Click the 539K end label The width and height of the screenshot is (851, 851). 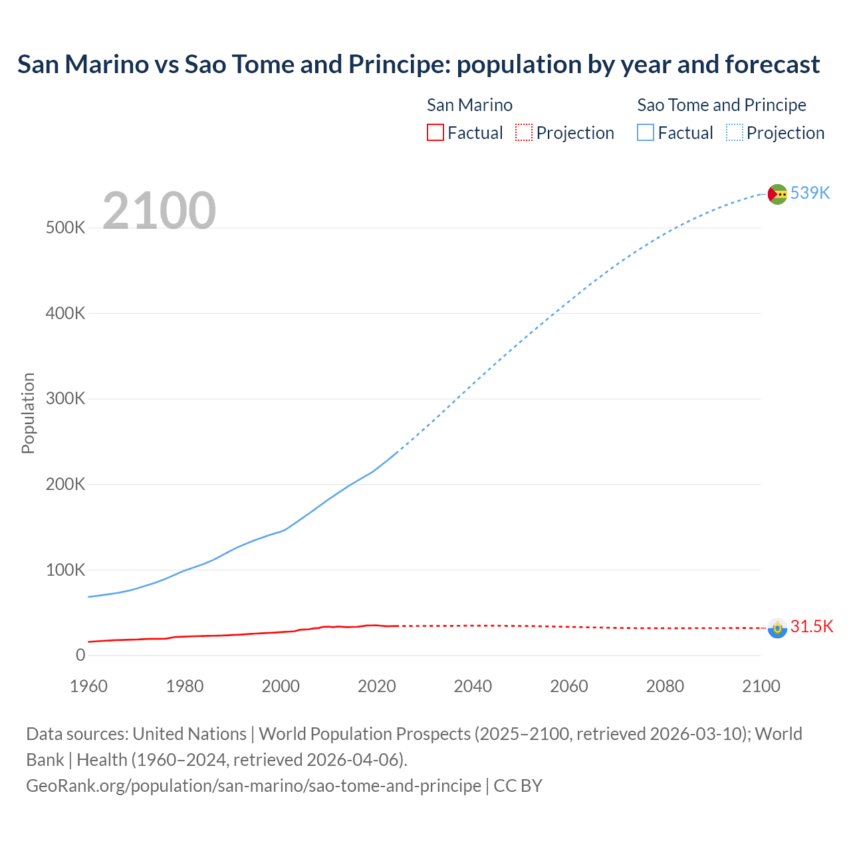pyautogui.click(x=810, y=193)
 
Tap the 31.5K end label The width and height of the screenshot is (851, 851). pyautogui.click(x=811, y=626)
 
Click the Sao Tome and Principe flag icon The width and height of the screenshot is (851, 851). pyautogui.click(x=777, y=194)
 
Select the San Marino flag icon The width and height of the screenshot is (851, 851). pyautogui.click(x=777, y=628)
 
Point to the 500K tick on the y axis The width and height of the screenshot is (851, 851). pyautogui.click(x=66, y=228)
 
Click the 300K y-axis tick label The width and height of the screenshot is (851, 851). pyautogui.click(x=66, y=399)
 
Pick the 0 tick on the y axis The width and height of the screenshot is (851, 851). pyautogui.click(x=80, y=656)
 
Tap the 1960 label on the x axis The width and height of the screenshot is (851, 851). pyautogui.click(x=88, y=686)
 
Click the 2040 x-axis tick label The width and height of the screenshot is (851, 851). pyautogui.click(x=473, y=686)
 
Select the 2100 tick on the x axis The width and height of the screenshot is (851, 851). pyautogui.click(x=761, y=686)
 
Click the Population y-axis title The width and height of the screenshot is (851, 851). pyautogui.click(x=28, y=413)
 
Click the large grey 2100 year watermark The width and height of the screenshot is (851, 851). pyautogui.click(x=159, y=211)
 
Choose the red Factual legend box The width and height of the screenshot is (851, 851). pyautogui.click(x=435, y=132)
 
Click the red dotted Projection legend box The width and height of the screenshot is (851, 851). pyautogui.click(x=524, y=132)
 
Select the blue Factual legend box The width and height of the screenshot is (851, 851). pyautogui.click(x=646, y=132)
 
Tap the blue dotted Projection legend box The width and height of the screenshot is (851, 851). pyautogui.click(x=735, y=132)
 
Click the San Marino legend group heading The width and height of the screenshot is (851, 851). pyautogui.click(x=469, y=105)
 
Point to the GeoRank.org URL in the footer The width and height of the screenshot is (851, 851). pyautogui.click(x=253, y=786)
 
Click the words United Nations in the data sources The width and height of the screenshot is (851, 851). pyautogui.click(x=189, y=734)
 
